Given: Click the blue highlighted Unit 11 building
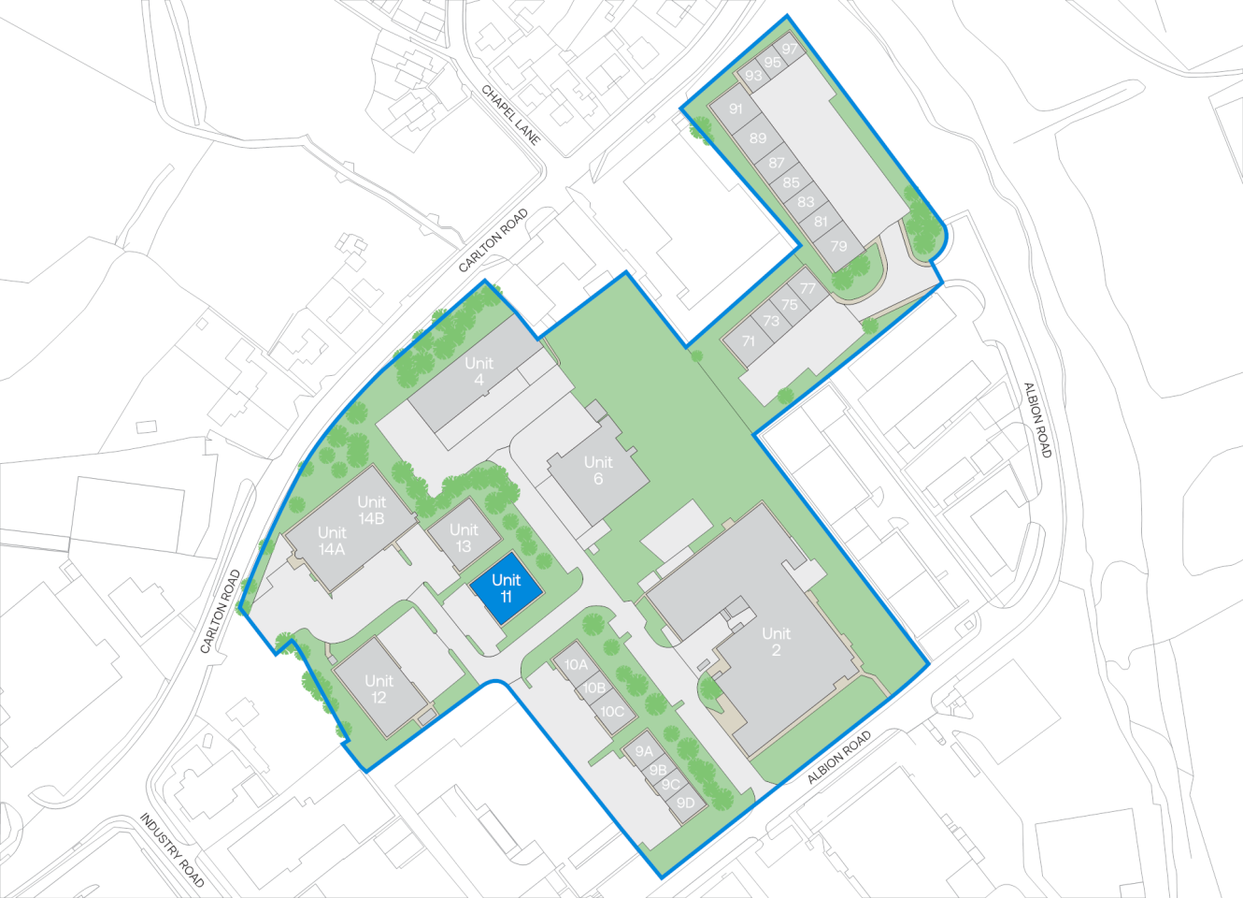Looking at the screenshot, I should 506,588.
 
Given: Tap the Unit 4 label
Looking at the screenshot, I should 479,370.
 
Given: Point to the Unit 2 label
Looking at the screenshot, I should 776,642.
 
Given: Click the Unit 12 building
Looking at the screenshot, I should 379,688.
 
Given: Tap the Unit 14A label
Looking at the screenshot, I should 332,541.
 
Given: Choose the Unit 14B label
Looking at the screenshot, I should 371,510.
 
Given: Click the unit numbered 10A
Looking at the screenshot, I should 577,665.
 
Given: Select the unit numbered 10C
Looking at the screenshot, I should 612,712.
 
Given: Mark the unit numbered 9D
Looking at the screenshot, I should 686,803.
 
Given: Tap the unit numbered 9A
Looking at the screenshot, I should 644,751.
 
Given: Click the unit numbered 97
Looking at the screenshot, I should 791,50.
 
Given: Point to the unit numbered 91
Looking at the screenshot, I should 736,109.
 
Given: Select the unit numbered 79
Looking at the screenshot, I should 838,246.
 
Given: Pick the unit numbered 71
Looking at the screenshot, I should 748,341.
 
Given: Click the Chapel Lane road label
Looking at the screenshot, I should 511,115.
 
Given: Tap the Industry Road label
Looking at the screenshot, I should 172,849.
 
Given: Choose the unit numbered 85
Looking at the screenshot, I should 792,182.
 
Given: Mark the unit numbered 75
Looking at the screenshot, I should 790,304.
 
